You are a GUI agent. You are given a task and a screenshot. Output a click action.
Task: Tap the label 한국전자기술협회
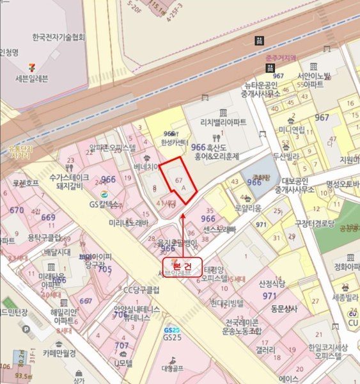(58, 37)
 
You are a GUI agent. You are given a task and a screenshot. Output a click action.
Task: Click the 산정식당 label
(272, 283)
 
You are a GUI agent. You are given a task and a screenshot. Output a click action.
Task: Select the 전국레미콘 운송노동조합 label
(236, 327)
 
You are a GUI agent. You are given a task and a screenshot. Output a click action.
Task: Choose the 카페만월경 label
(59, 353)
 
